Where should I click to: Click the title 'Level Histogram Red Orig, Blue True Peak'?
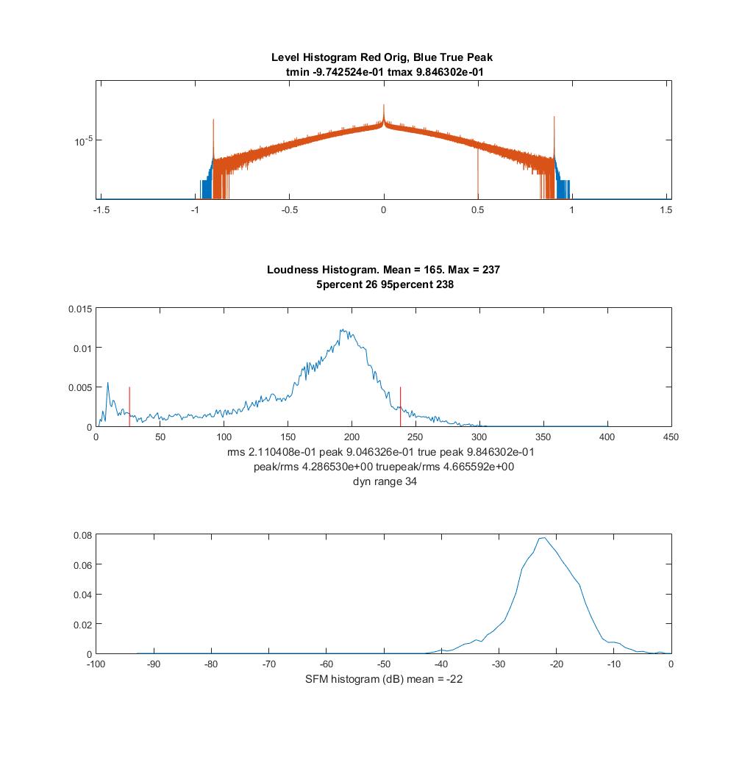pos(382,57)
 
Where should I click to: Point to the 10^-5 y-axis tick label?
pos(83,141)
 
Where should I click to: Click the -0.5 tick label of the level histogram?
pos(289,210)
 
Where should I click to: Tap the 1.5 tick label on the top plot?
pos(666,210)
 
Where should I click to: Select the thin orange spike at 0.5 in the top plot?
pos(478,173)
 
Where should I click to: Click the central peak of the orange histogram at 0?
pos(384,112)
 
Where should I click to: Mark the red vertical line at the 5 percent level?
pos(129,406)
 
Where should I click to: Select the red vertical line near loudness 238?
pos(401,406)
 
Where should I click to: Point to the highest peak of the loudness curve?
pos(341,330)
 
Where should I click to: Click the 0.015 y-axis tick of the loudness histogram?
pos(80,309)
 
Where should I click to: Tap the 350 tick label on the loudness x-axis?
pos(543,437)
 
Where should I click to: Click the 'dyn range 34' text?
pos(385,481)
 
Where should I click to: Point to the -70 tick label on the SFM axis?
pos(268,664)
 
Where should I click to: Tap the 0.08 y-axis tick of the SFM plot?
pos(82,535)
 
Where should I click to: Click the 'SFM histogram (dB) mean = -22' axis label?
pos(384,679)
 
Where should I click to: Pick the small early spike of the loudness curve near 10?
pos(107,384)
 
